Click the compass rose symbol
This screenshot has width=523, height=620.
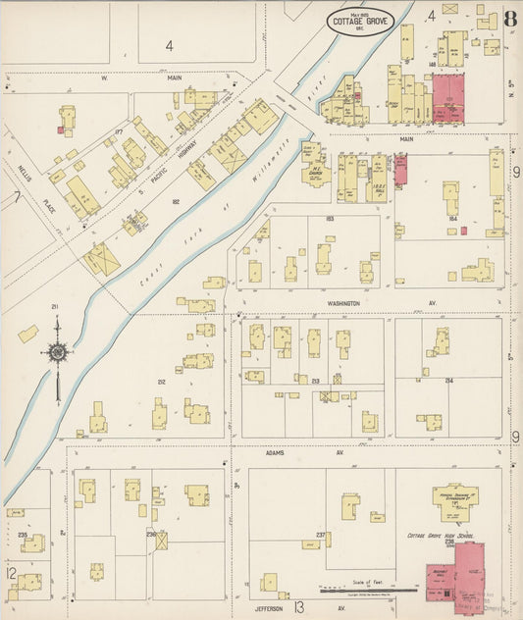click(58, 352)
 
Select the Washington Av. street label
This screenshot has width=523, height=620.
click(337, 304)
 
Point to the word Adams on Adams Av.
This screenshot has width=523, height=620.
click(274, 454)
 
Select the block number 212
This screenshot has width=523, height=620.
click(160, 382)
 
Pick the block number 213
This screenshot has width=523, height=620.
click(314, 382)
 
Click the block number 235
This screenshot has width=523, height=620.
click(22, 535)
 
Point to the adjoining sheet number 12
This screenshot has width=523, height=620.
click(10, 573)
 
